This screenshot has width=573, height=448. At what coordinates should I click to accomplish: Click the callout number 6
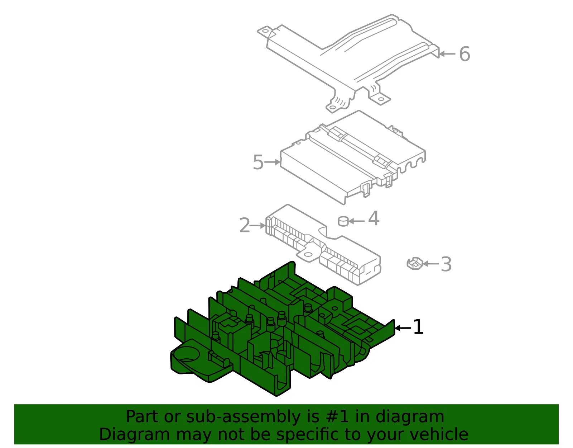click(x=464, y=54)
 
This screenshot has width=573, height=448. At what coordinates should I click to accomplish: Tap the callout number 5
click(x=258, y=162)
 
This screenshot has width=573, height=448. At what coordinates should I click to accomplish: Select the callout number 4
click(x=374, y=218)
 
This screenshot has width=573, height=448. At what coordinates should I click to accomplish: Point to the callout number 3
click(x=446, y=264)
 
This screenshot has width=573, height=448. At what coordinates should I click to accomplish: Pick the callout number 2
click(x=245, y=226)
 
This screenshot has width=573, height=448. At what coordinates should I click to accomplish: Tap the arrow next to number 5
click(x=272, y=162)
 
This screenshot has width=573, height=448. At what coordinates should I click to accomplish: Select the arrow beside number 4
click(x=356, y=221)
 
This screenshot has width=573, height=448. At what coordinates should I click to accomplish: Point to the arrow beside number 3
click(x=431, y=264)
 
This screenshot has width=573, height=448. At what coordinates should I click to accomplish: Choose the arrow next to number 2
click(x=257, y=226)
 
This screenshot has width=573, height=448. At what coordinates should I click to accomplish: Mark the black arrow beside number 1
click(x=403, y=328)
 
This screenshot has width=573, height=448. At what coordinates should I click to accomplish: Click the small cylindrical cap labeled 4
click(x=343, y=221)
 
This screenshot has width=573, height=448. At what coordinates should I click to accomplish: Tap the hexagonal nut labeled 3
click(x=415, y=264)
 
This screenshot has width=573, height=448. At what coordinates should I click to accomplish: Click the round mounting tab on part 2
click(x=308, y=255)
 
